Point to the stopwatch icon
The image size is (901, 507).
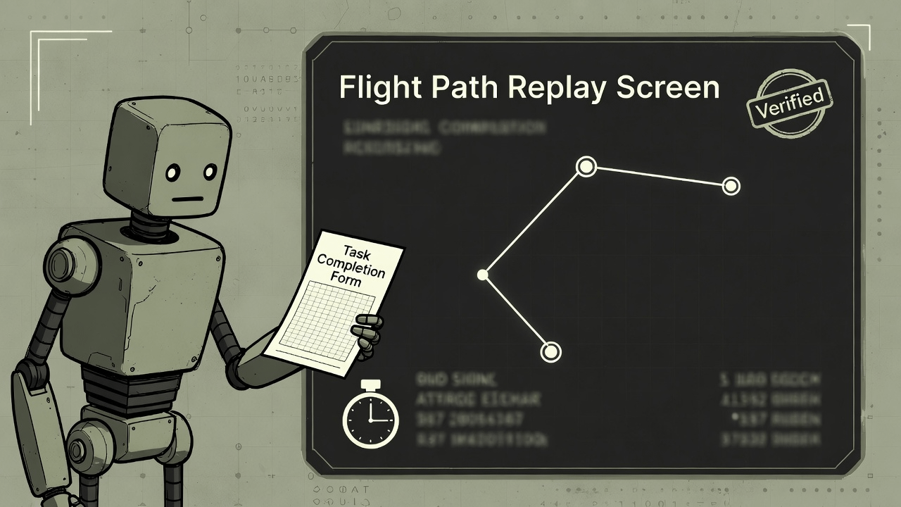tap(370, 418)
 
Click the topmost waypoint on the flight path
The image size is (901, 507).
tap(586, 167)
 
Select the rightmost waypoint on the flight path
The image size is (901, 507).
tap(731, 186)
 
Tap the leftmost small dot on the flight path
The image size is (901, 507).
tap(483, 275)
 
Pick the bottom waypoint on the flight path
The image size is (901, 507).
tap(551, 351)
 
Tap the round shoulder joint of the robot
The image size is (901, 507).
tap(62, 265)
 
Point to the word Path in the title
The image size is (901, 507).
tap(465, 87)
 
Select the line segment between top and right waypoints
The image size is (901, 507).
tap(658, 176)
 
